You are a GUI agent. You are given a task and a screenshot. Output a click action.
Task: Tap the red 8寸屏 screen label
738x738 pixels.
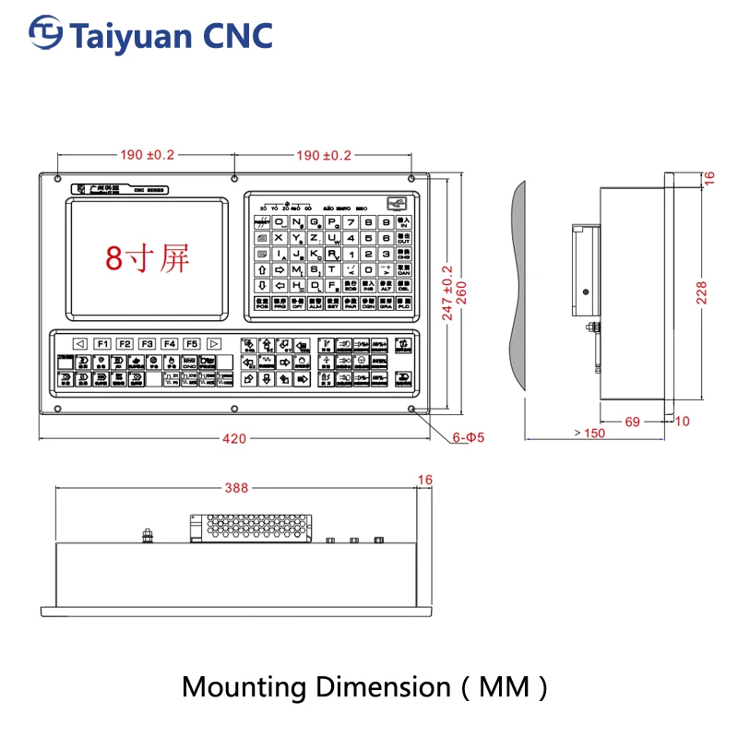coord(147,257)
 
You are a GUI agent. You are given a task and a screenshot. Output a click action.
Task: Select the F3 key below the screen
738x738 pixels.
coord(147,343)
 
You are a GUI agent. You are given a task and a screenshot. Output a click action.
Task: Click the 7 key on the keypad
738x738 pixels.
coord(351,221)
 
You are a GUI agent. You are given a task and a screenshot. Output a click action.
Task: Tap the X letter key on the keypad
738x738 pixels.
coord(279,238)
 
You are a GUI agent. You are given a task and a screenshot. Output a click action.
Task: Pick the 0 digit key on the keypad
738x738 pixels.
coord(368,269)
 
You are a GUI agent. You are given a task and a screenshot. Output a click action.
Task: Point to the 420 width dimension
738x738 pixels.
coord(234,439)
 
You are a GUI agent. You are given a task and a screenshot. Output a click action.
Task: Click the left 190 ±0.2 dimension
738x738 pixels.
coord(146,155)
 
